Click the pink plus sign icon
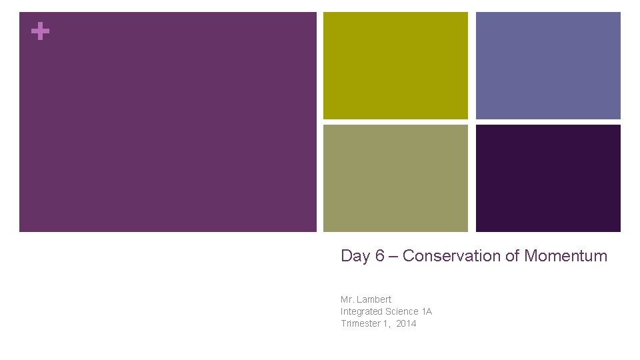40,31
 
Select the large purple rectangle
168,122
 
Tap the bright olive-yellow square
395,65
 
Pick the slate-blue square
548,65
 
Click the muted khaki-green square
395,178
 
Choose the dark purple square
548,178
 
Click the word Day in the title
354,256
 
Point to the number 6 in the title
379,256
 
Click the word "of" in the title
512,256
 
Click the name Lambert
375,299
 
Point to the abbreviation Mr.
348,299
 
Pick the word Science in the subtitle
401,311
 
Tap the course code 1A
427,311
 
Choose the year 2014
406,323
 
